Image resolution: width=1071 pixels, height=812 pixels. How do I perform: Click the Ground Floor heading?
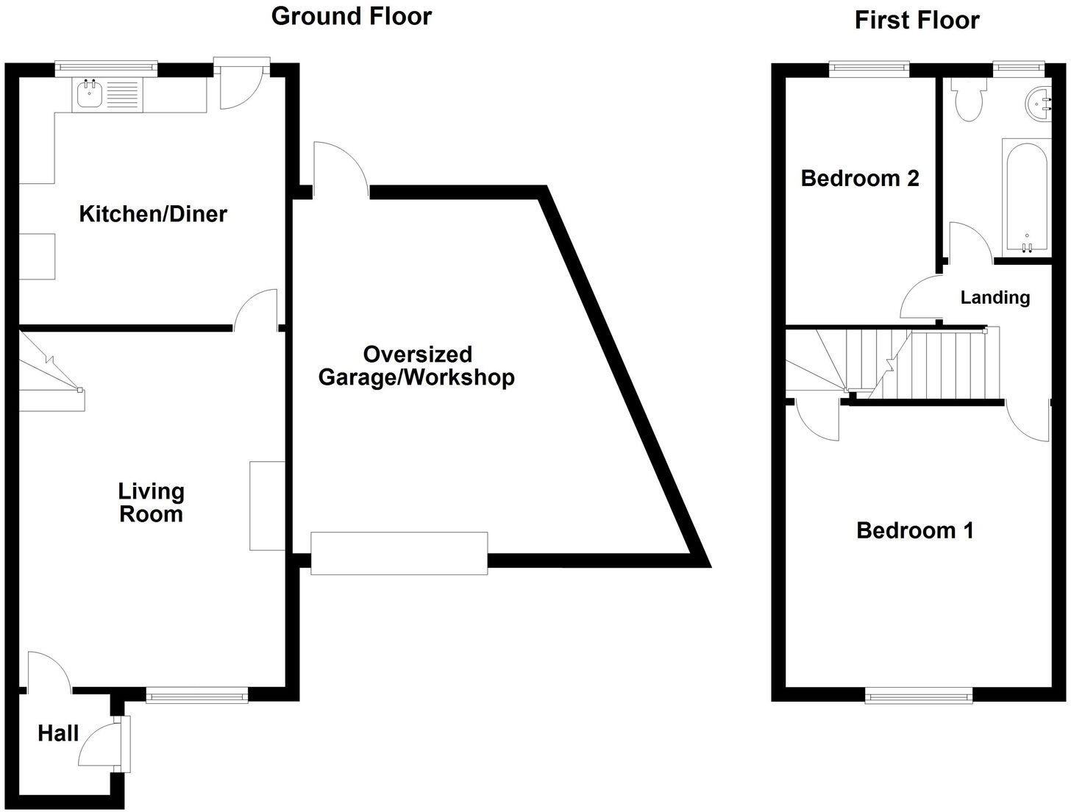(351, 16)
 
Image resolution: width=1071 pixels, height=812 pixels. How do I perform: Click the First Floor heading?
(917, 20)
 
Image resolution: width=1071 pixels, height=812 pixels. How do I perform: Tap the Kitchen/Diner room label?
(153, 214)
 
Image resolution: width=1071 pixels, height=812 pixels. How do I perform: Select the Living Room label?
(151, 502)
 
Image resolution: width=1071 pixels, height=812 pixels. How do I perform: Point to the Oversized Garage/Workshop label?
(416, 366)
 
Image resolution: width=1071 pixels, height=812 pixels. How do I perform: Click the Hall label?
(58, 733)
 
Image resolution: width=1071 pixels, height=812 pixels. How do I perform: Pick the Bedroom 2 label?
(860, 178)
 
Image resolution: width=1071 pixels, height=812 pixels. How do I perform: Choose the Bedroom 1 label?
(915, 530)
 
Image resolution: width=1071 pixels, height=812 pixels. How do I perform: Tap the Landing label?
(995, 297)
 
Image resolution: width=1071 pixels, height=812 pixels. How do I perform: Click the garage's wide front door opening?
(399, 552)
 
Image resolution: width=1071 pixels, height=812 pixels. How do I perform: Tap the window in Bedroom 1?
(919, 695)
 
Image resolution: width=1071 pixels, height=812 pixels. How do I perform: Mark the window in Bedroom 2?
(869, 68)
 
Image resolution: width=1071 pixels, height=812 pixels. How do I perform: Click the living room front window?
(196, 695)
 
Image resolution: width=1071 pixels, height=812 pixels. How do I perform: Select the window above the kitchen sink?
(107, 68)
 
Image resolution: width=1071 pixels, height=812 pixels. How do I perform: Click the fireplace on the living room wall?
(267, 505)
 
